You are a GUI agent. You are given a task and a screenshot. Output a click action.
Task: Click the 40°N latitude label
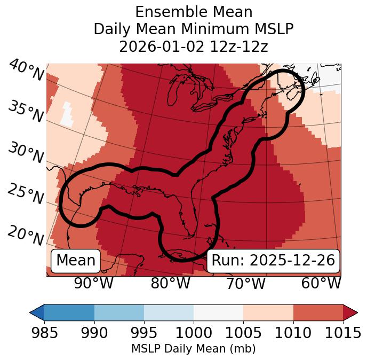(x=26, y=71)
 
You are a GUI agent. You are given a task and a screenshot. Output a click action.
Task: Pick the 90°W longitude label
(x=93, y=283)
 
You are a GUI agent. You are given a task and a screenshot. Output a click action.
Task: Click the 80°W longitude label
(x=171, y=283)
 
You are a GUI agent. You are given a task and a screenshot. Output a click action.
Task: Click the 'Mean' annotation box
(x=76, y=261)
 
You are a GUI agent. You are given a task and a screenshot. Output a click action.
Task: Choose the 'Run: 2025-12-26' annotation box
(x=273, y=261)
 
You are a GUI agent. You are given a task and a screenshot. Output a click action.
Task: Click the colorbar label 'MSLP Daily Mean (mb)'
(x=193, y=349)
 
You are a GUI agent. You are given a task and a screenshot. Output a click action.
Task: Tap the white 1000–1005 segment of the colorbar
(x=218, y=312)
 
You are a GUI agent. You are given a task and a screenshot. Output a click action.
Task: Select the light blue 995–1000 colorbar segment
(x=169, y=312)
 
